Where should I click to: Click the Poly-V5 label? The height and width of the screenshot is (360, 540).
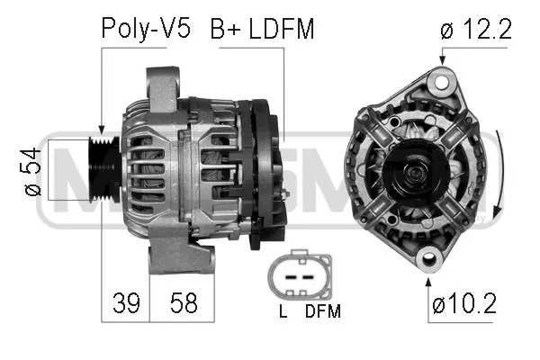[x=145, y=30]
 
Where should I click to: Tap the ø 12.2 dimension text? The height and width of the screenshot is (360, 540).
[x=476, y=30]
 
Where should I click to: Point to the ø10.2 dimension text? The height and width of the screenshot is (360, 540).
[x=463, y=303]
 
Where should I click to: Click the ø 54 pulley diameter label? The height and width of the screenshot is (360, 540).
[x=31, y=171]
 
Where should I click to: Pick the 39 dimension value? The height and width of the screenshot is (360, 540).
[x=126, y=303]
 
